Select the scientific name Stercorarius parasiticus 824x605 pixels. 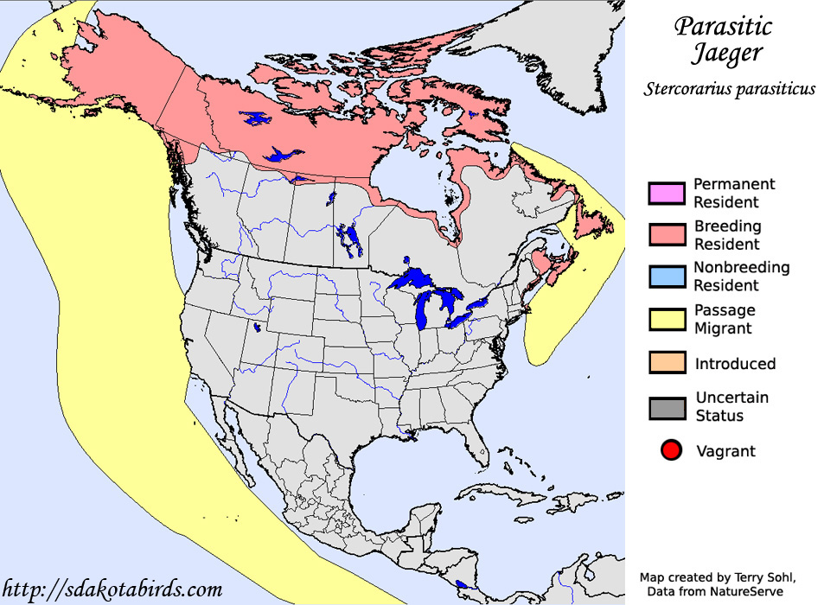click(x=729, y=89)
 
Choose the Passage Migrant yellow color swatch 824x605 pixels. click(x=667, y=318)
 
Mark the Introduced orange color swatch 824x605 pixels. click(x=667, y=363)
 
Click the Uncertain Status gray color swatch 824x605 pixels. click(x=667, y=406)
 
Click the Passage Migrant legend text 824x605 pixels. click(x=725, y=319)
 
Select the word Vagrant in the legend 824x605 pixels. click(x=725, y=450)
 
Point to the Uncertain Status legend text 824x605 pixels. click(x=731, y=406)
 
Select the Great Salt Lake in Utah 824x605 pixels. click(x=257, y=328)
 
